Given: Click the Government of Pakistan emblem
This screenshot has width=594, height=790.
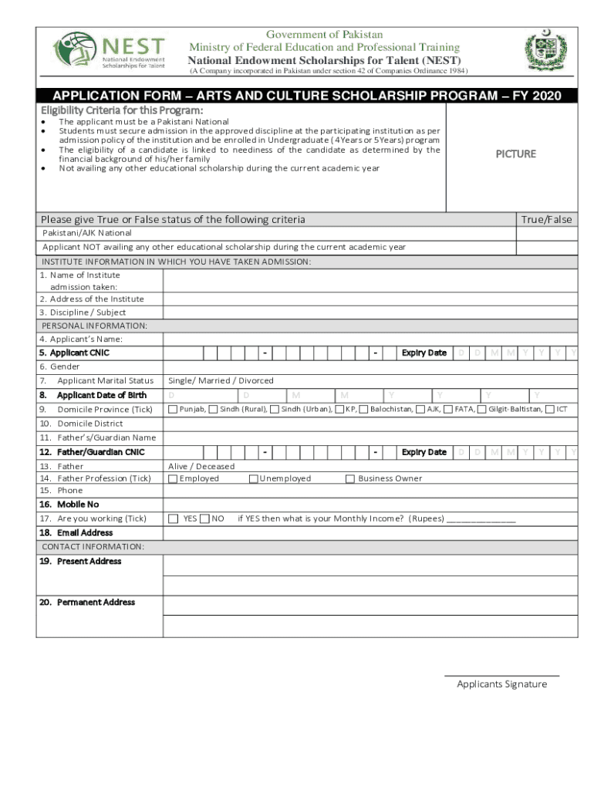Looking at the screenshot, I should point(546,52).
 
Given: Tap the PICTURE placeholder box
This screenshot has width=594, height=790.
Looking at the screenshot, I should point(515,154).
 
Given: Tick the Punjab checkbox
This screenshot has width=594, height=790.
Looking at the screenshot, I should point(173,409).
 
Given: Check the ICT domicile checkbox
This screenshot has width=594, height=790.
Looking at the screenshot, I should point(550,409).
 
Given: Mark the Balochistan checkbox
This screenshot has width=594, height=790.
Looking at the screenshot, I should point(363,409).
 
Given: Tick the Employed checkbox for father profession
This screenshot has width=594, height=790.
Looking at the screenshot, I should point(173,478).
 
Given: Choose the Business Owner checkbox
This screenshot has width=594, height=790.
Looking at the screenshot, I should point(351,478).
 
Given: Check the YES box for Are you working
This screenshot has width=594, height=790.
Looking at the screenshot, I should point(174,518).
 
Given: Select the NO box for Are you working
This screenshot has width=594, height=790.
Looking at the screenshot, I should point(204,518).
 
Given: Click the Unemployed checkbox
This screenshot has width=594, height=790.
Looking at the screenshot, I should point(253,478).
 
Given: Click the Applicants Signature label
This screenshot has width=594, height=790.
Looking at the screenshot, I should point(501,684).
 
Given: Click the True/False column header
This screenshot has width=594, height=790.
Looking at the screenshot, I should point(546,220).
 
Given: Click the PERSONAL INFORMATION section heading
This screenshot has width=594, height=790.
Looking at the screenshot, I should point(93,326).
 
